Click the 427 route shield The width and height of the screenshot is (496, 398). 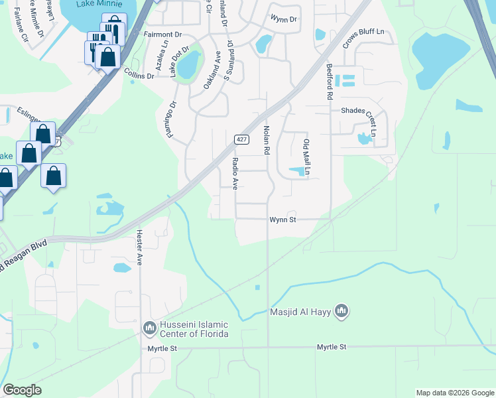click(x=241, y=139)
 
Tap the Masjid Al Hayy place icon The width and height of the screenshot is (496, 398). click(x=341, y=310)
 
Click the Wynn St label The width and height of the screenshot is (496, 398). click(x=282, y=220)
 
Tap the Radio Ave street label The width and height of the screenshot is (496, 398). click(x=235, y=173)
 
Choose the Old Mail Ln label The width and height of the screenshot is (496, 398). click(x=307, y=158)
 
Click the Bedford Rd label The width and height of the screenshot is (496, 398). click(x=329, y=82)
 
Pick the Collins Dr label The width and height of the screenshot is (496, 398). click(x=139, y=75)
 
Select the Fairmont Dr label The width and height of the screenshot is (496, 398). click(x=162, y=34)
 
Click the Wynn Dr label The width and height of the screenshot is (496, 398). click(x=284, y=19)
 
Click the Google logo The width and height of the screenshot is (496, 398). click(x=22, y=390)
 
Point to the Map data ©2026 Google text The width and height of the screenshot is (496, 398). click(x=454, y=393)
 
